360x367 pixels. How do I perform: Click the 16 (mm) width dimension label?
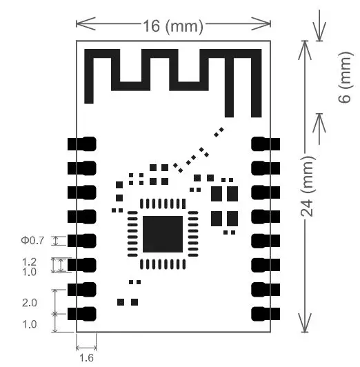[172, 26]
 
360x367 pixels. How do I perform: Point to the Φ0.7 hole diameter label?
[32, 240]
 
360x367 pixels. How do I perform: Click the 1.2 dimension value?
[30, 262]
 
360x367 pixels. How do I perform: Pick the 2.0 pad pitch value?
[30, 302]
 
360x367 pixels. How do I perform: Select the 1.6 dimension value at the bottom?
[86, 357]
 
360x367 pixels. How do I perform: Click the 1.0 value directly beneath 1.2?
[30, 272]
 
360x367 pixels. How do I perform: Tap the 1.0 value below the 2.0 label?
[30, 324]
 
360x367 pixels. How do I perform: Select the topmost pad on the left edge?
[82, 143]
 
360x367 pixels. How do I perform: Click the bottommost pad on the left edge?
[82, 314]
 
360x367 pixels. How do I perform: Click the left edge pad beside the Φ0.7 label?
[82, 241]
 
